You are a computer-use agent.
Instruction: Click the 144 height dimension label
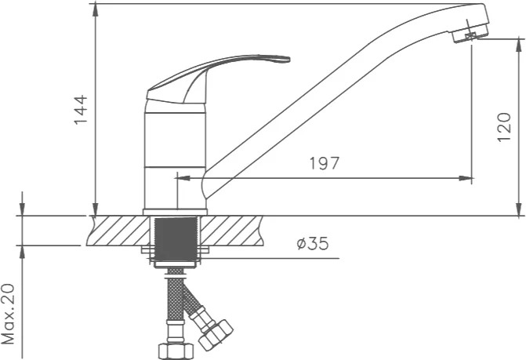(81, 110)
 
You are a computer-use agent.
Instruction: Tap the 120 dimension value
(504, 128)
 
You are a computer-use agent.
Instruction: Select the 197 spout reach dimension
(324, 163)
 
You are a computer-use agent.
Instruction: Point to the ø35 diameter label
(313, 244)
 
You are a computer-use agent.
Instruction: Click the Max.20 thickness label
(9, 314)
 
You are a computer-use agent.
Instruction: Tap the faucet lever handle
(217, 79)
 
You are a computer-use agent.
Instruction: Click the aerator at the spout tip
(470, 35)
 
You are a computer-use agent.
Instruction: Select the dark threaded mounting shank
(175, 239)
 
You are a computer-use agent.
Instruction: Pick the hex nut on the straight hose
(176, 351)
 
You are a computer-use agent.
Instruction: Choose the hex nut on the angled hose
(216, 335)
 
